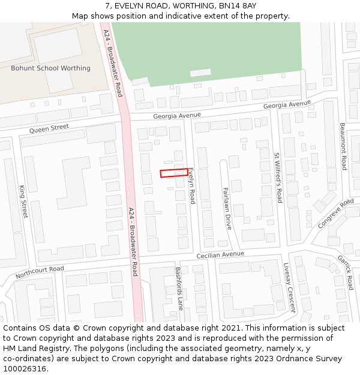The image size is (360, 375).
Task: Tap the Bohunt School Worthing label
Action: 50,68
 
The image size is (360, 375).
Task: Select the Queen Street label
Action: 49,128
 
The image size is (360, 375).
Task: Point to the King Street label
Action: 24,201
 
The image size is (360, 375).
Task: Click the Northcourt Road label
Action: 40,272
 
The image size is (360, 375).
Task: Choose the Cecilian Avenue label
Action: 220,256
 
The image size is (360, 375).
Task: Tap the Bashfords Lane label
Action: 179,288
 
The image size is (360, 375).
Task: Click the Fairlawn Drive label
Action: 227,208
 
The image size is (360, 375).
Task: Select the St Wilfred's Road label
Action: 278,177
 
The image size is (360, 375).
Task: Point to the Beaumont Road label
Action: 343,147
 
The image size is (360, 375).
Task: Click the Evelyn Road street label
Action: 191,186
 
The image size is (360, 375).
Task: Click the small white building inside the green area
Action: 200,73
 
